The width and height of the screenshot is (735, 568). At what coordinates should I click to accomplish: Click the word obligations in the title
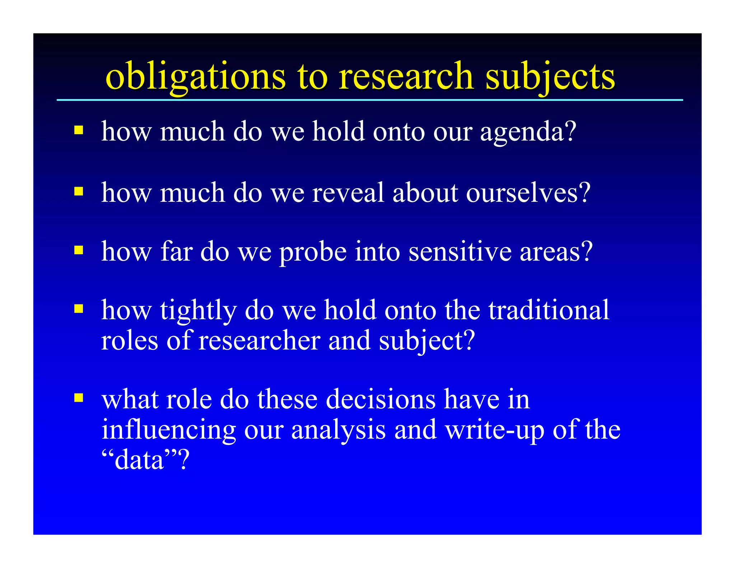(x=196, y=76)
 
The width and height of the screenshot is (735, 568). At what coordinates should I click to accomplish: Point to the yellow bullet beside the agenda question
(x=79, y=130)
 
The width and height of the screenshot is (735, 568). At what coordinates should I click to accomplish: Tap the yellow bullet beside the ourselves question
(x=79, y=191)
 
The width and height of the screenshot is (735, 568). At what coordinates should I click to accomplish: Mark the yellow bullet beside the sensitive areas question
(x=79, y=250)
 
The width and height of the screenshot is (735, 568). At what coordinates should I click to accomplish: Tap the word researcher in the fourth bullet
(x=259, y=340)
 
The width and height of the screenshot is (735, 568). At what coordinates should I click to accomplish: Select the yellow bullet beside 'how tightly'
(x=79, y=309)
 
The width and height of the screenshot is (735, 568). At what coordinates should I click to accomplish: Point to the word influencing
(x=168, y=430)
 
